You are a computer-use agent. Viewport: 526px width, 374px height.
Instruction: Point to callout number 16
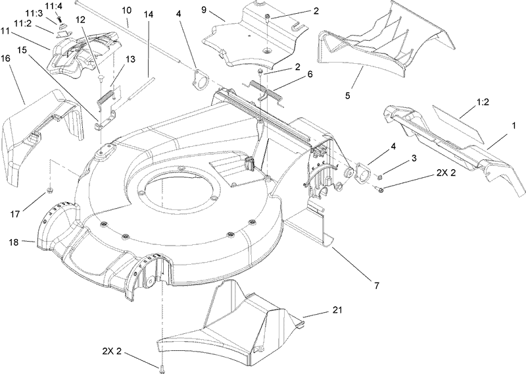coord(5,59)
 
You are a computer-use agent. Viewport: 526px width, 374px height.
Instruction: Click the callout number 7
coord(377,285)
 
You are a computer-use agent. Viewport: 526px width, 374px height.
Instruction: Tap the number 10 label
coord(126,11)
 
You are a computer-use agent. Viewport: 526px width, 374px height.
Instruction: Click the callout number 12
coord(80,20)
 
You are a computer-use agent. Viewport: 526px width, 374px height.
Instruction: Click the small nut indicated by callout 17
coord(49,192)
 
